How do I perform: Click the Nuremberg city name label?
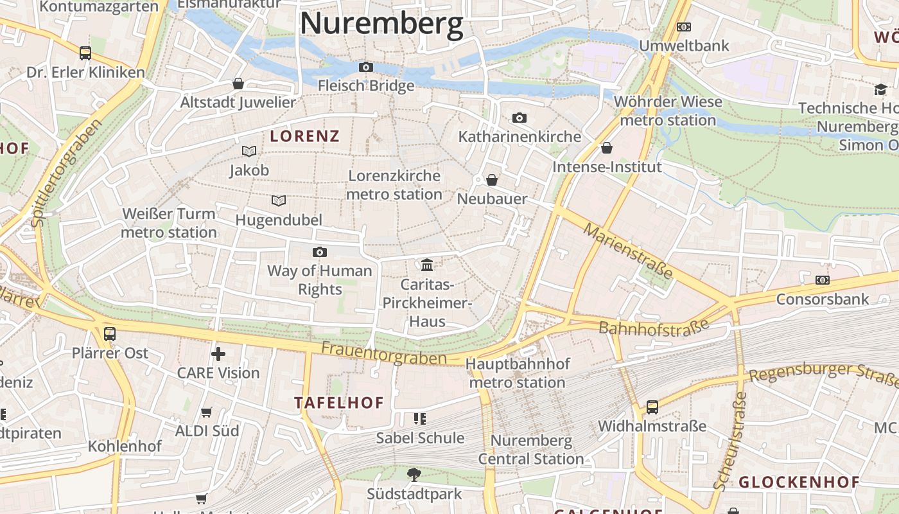click(x=381, y=24)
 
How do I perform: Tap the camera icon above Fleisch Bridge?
click(x=366, y=67)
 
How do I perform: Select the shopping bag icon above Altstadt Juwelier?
click(x=238, y=84)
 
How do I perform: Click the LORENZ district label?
click(x=304, y=136)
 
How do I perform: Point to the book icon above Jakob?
click(x=249, y=152)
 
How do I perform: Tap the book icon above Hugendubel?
click(x=279, y=201)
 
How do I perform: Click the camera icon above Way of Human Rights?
click(x=320, y=252)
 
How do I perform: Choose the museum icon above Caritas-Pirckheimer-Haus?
click(x=427, y=265)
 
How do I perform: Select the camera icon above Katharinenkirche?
click(x=519, y=118)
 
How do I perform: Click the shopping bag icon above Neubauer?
click(x=492, y=180)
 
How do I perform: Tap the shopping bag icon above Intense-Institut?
click(x=607, y=148)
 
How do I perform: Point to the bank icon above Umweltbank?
click(x=684, y=27)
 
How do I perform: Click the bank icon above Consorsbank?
click(x=822, y=280)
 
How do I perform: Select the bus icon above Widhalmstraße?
click(x=652, y=407)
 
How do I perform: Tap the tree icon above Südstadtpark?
click(x=414, y=475)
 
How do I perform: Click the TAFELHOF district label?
click(x=339, y=403)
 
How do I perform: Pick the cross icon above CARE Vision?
click(x=218, y=353)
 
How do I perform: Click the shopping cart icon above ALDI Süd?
click(x=207, y=412)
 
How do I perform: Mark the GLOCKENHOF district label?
click(x=799, y=482)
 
